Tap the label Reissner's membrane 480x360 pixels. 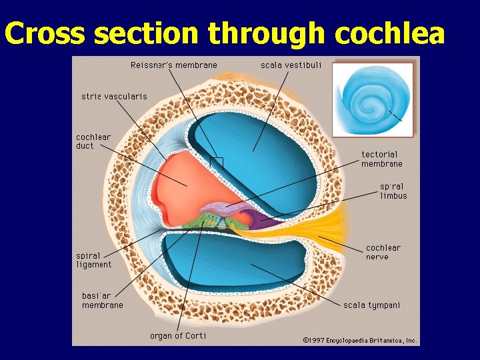[174, 65]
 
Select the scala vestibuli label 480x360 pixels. [291, 65]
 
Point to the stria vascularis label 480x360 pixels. [114, 97]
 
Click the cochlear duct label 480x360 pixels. [93, 141]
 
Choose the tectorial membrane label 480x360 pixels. [382, 159]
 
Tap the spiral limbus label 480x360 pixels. [393, 191]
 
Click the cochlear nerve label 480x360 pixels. [383, 252]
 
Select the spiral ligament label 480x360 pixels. [94, 260]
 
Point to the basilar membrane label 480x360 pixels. [103, 300]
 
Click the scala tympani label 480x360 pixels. [372, 305]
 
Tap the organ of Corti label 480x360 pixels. [178, 335]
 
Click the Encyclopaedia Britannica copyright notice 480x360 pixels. [360, 340]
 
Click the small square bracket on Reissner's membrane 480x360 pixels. [216, 162]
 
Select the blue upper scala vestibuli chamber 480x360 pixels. [267, 147]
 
